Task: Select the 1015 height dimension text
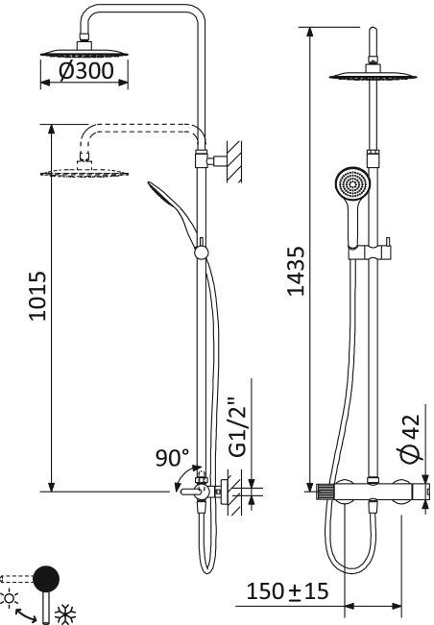[36, 305]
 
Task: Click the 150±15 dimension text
[287, 590]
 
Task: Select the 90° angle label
[173, 458]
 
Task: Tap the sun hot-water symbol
[12, 597]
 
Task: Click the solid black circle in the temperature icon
[45, 579]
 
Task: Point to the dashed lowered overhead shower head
[86, 172]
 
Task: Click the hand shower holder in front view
[369, 252]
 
